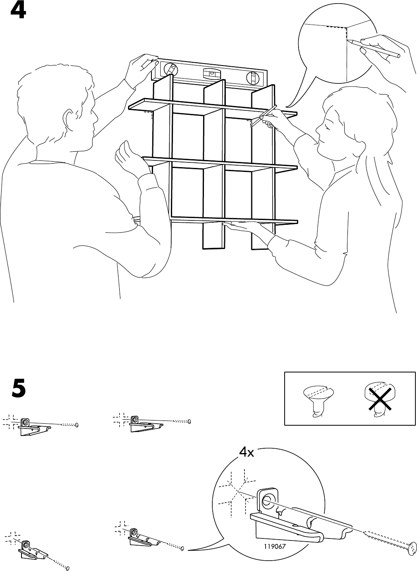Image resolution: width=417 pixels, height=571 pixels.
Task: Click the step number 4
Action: (x=18, y=10)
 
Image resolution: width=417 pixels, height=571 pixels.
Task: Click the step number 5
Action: (x=19, y=389)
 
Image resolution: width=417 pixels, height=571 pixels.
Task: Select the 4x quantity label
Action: (x=246, y=453)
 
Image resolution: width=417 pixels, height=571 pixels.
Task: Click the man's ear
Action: (x=69, y=118)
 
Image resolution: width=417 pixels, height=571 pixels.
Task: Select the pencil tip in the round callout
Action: (x=349, y=41)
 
